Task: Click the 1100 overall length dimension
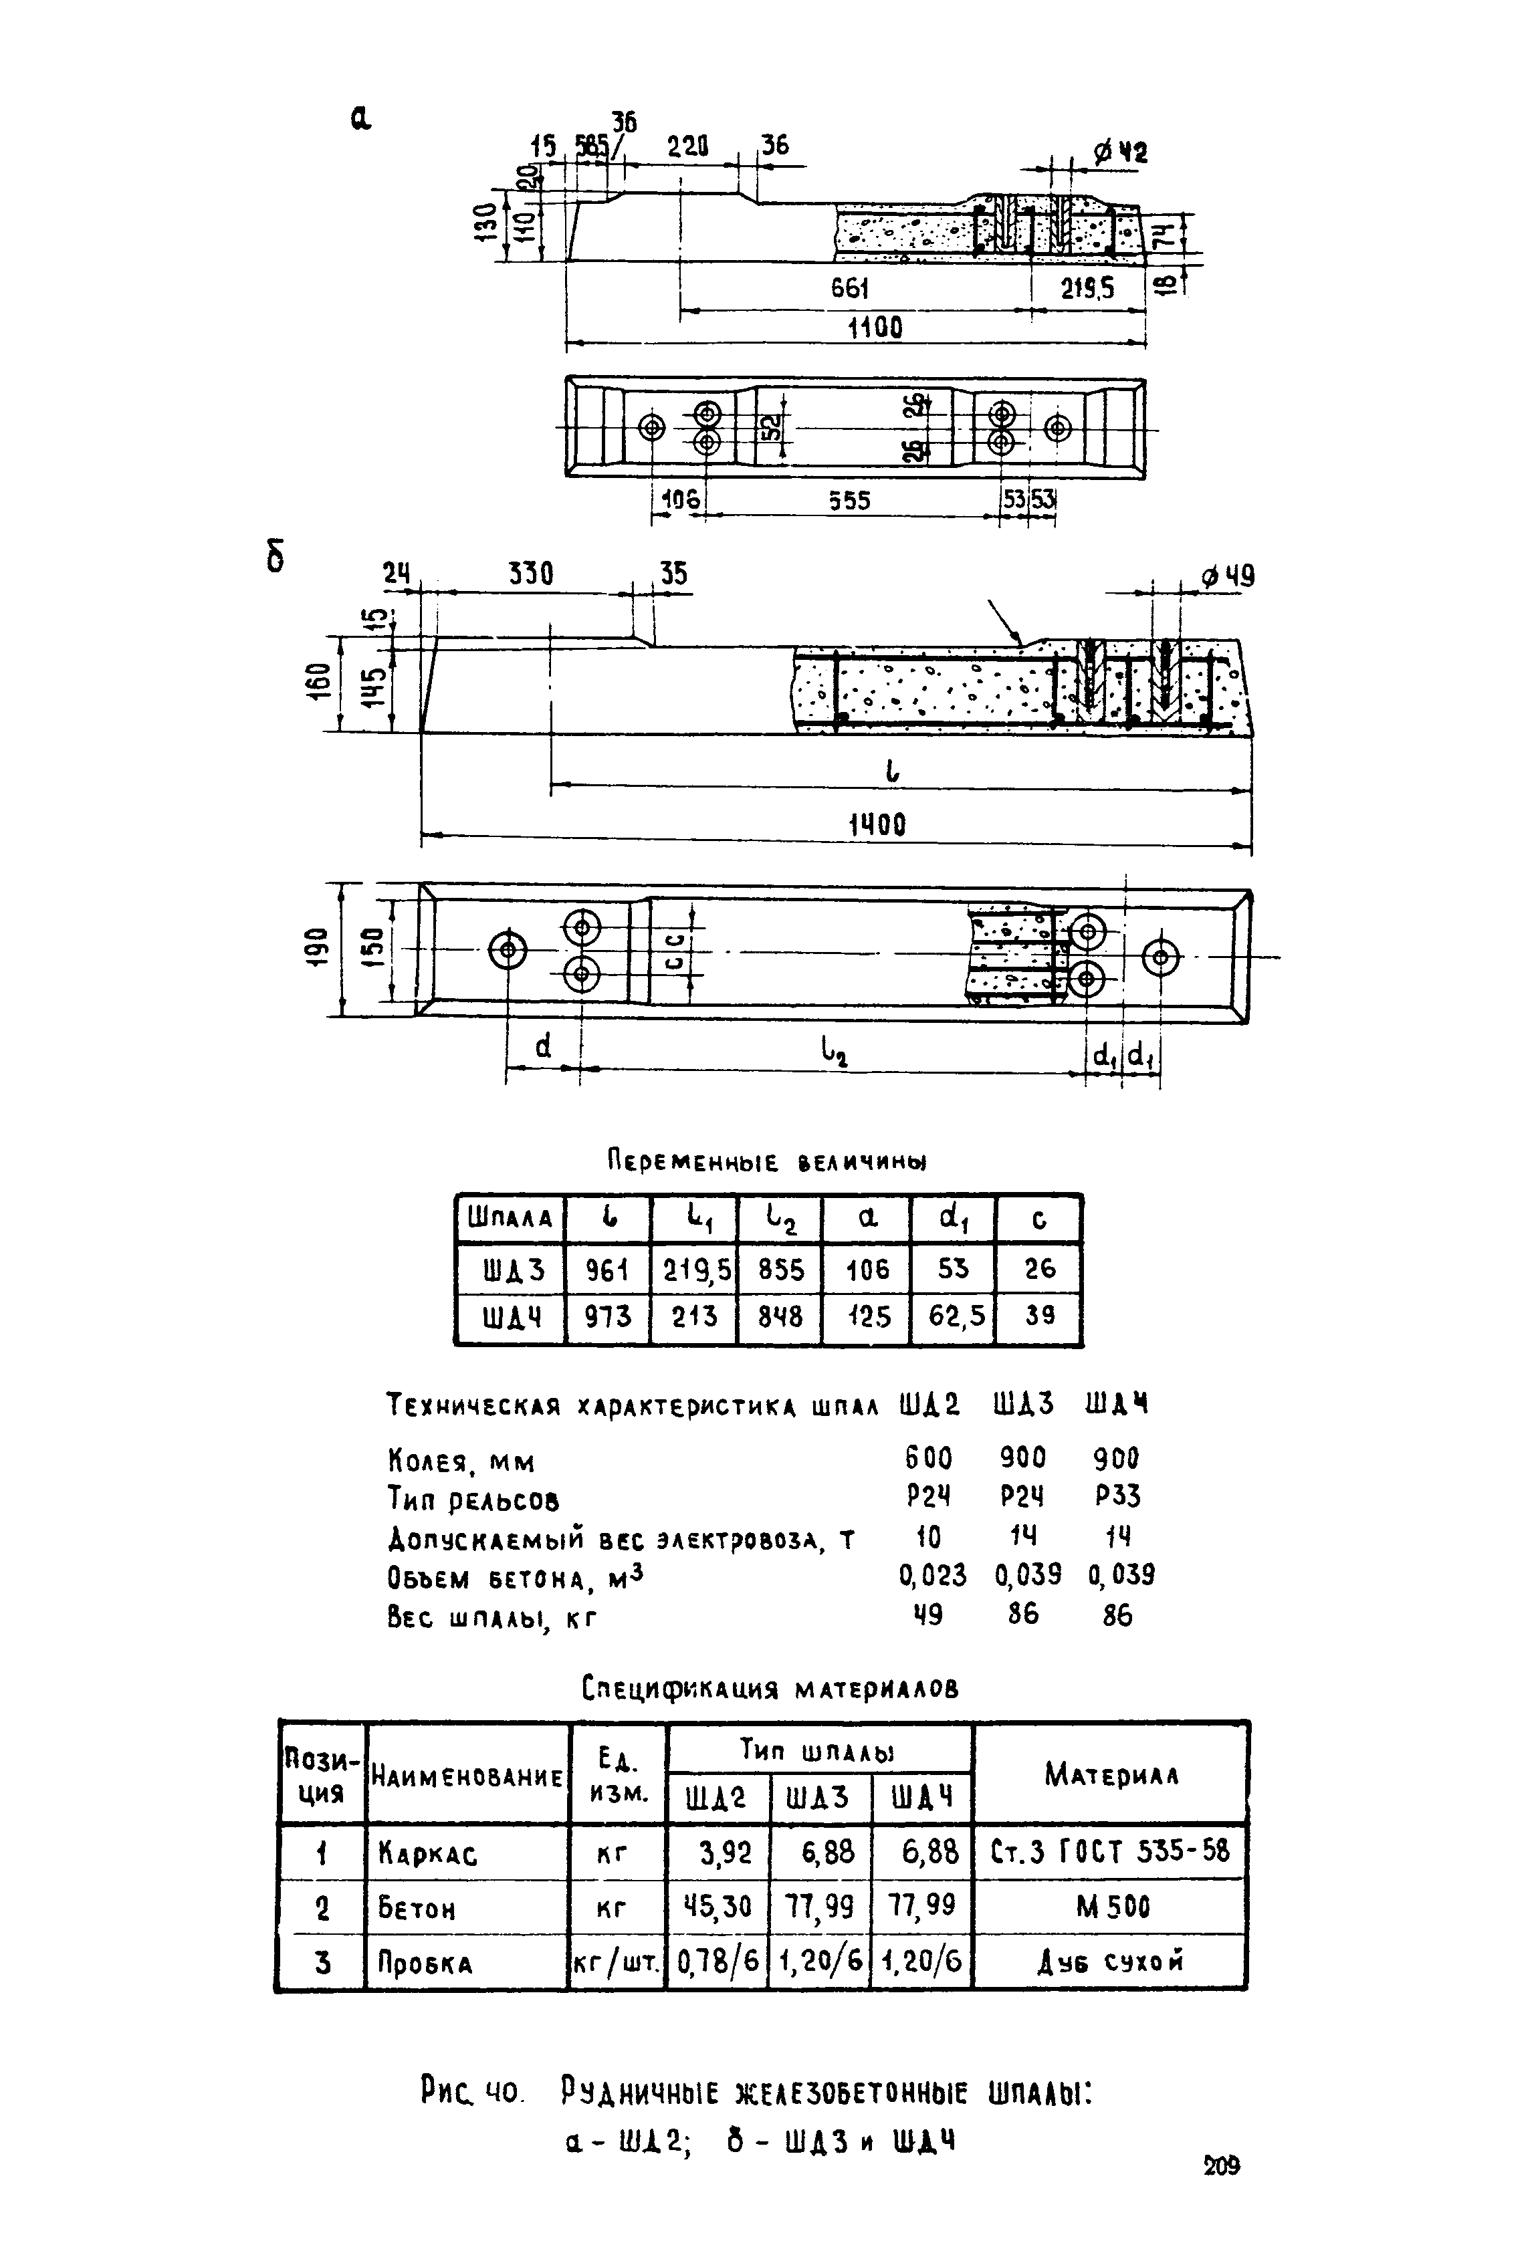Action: [x=875, y=328]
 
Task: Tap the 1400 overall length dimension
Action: [x=877, y=825]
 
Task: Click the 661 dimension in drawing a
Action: [x=849, y=289]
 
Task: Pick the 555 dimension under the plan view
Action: [x=849, y=500]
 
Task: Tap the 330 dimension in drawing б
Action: [x=531, y=574]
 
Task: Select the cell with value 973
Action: [x=607, y=1316]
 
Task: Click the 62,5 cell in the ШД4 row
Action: [x=953, y=1316]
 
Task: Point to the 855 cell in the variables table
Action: [x=780, y=1269]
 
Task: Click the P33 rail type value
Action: [x=1117, y=1498]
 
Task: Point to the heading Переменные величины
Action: [x=766, y=1161]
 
